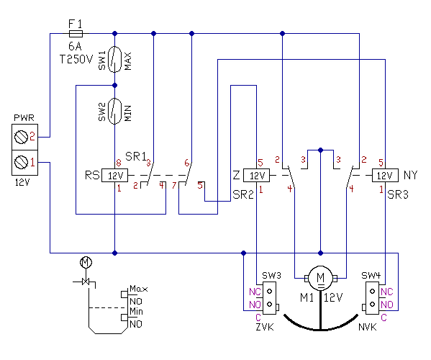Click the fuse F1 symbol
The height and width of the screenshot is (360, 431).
(x=76, y=34)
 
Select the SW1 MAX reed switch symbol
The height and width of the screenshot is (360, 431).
(x=115, y=59)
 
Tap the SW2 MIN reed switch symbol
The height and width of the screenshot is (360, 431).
(x=115, y=112)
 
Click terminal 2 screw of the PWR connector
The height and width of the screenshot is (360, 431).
(x=21, y=137)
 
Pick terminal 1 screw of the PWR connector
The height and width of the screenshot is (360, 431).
(x=21, y=162)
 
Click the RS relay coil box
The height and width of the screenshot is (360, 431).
(x=115, y=175)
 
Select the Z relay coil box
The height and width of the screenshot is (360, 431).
(x=256, y=175)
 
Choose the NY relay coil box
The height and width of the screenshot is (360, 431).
(x=385, y=175)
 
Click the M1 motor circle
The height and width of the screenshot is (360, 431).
(x=320, y=279)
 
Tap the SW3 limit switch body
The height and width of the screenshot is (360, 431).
(x=270, y=298)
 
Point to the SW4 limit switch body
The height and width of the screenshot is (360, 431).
(x=373, y=298)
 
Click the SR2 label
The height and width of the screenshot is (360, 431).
(x=243, y=194)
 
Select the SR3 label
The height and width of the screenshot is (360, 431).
(x=398, y=194)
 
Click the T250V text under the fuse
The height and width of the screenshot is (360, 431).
(x=76, y=59)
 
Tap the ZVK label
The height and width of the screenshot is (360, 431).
(x=265, y=328)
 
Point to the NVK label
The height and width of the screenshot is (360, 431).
(x=368, y=328)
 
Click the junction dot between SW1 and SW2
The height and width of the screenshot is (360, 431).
(x=115, y=86)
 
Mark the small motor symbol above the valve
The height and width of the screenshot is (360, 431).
(x=86, y=262)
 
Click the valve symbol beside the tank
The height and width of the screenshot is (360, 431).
(x=86, y=282)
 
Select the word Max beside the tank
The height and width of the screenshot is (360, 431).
(x=139, y=289)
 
